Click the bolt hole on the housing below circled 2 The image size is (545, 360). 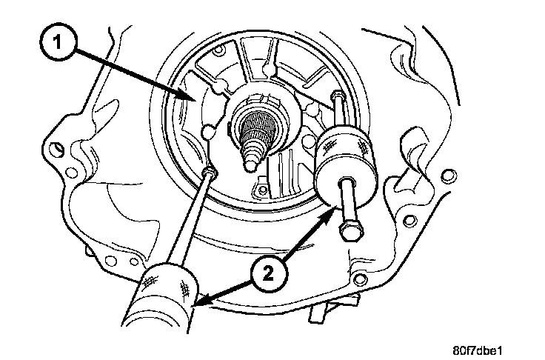361,279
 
